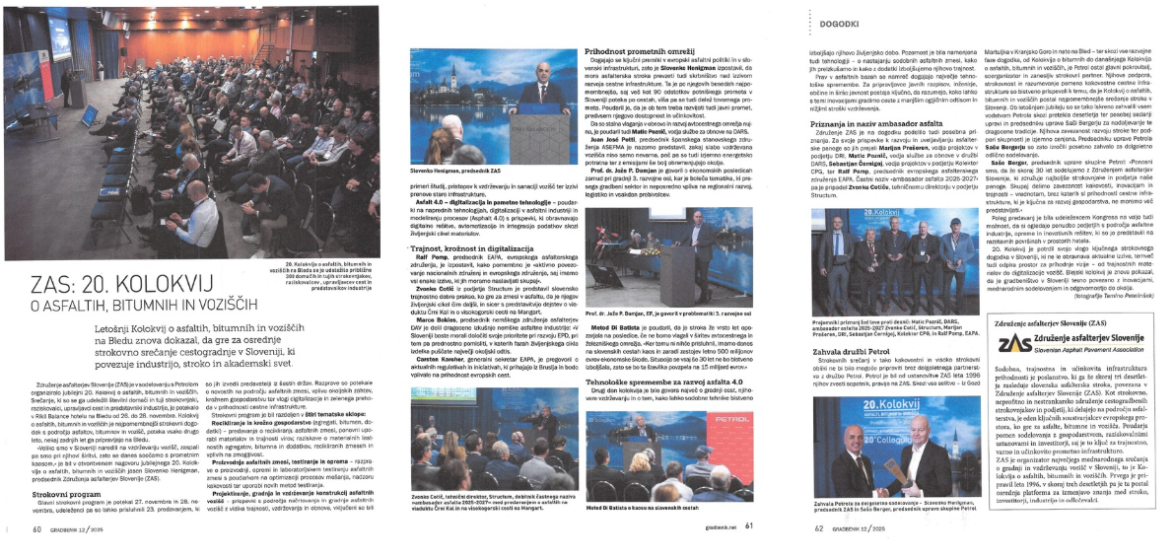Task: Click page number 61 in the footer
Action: (748, 525)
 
